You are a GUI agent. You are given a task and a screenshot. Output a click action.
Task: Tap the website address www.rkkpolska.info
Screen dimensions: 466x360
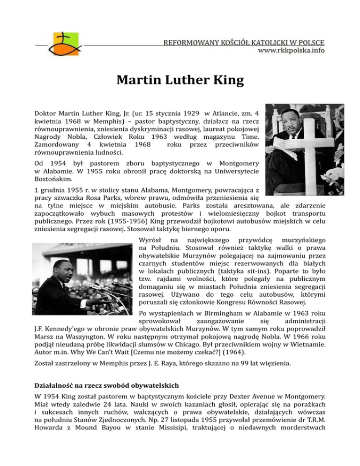pyautogui.click(x=291, y=51)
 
